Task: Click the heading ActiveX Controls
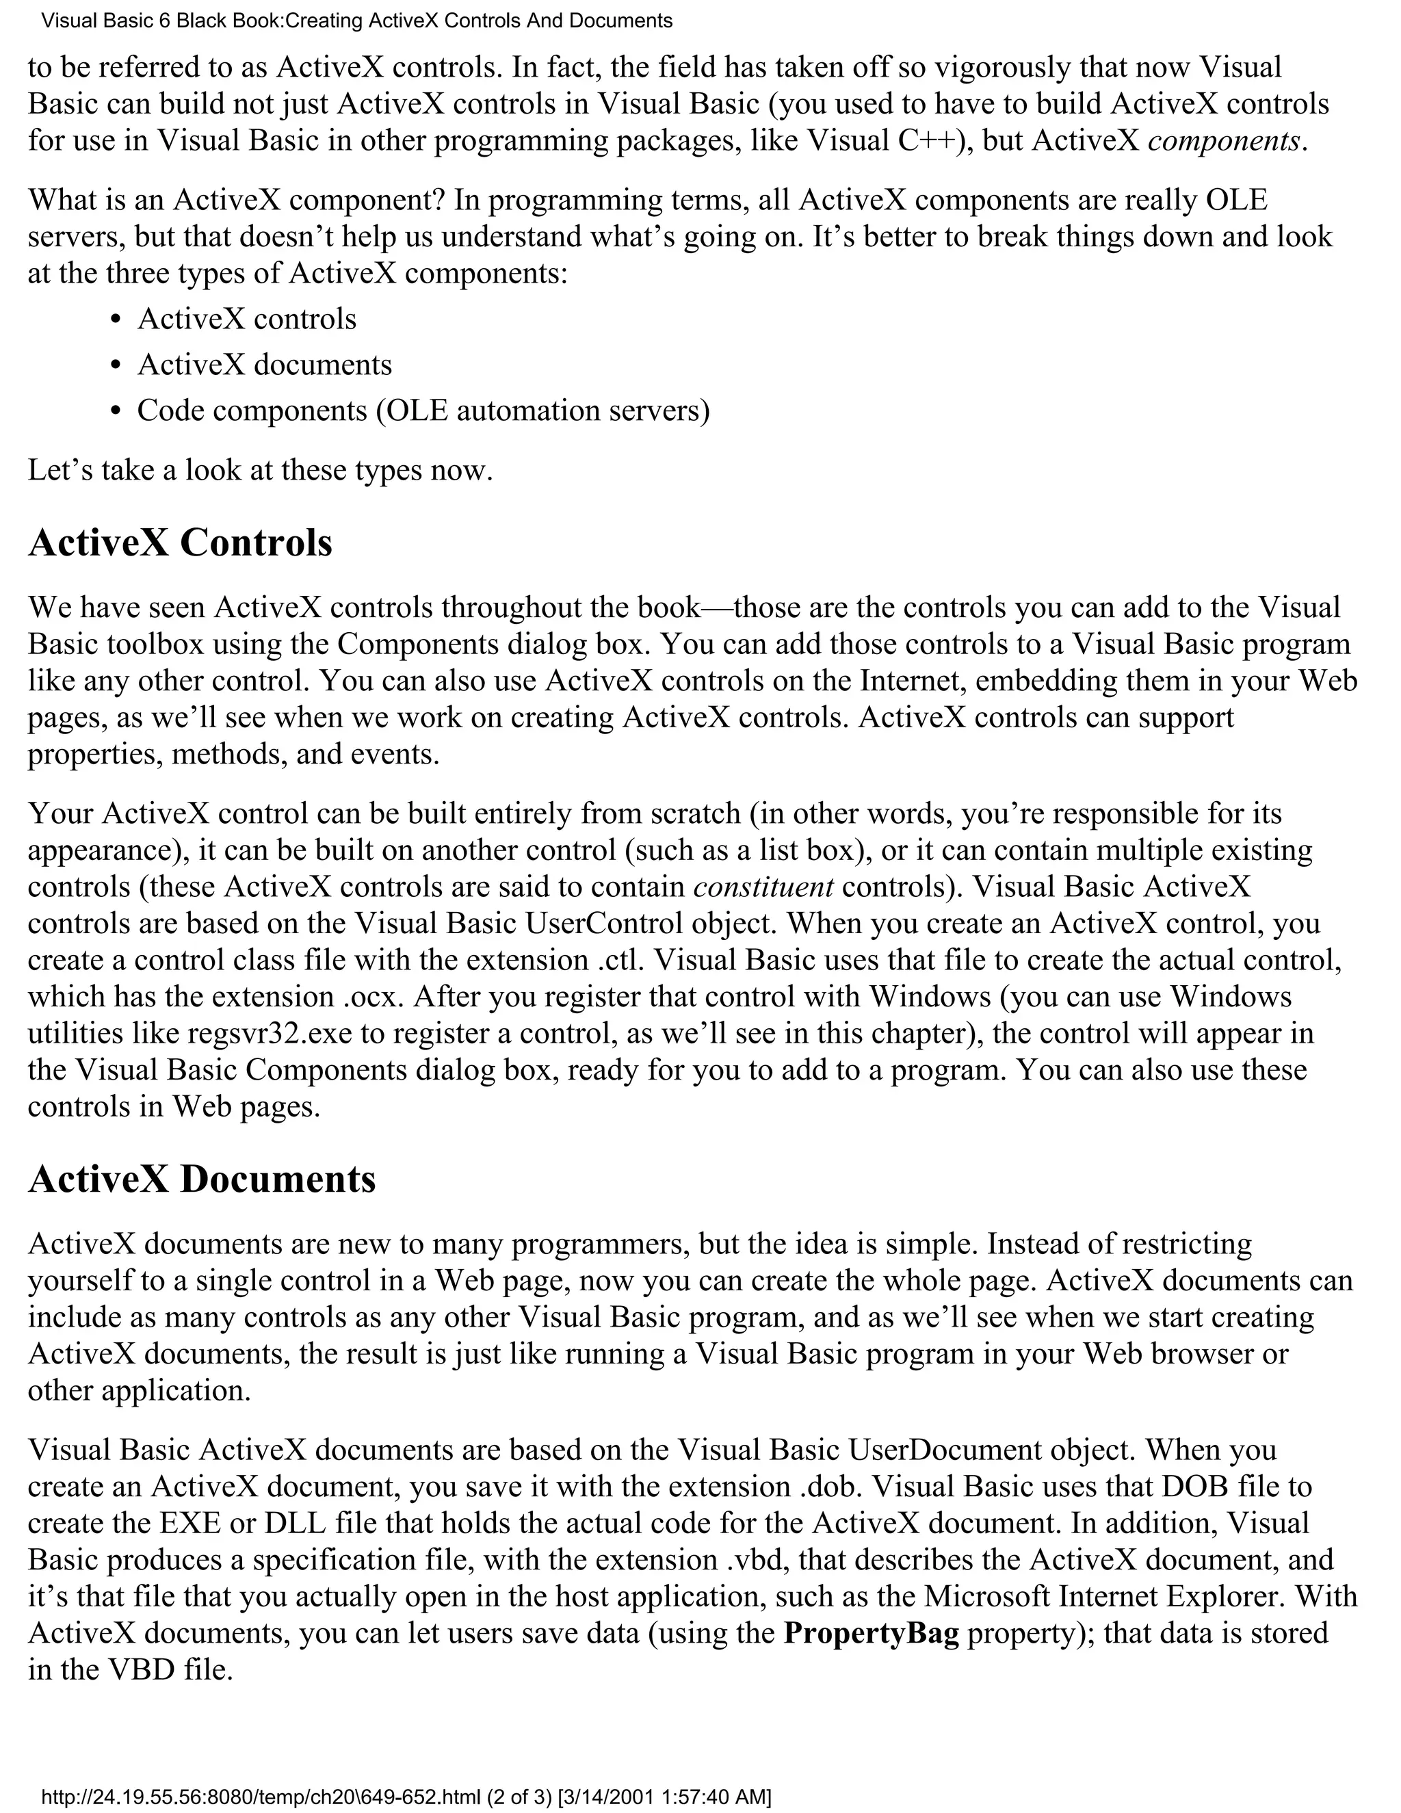[180, 544]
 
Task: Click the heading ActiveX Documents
[202, 1179]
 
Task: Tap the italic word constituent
[763, 887]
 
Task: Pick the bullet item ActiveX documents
[264, 365]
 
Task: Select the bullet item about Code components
[423, 411]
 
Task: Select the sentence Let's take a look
[260, 471]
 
